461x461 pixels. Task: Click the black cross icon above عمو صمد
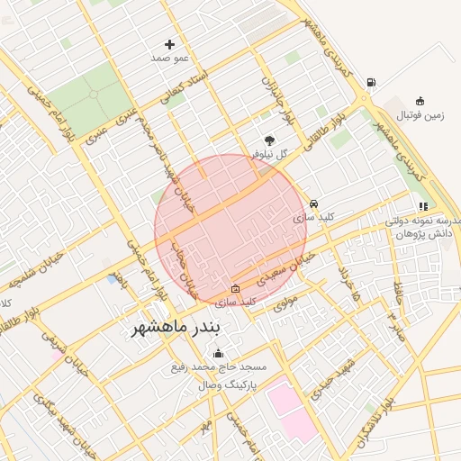[169, 44]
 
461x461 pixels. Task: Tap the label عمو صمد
[169, 58]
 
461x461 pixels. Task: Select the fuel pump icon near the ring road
[370, 83]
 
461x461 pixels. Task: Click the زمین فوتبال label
[422, 114]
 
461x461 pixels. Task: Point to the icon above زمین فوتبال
[420, 101]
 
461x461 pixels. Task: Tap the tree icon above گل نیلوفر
[269, 140]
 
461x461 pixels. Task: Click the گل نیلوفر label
[269, 154]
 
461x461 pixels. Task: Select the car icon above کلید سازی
[313, 204]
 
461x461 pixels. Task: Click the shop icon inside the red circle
[236, 289]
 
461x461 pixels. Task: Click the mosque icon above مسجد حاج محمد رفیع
[187, 355]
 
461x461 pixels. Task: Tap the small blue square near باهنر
[113, 280]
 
